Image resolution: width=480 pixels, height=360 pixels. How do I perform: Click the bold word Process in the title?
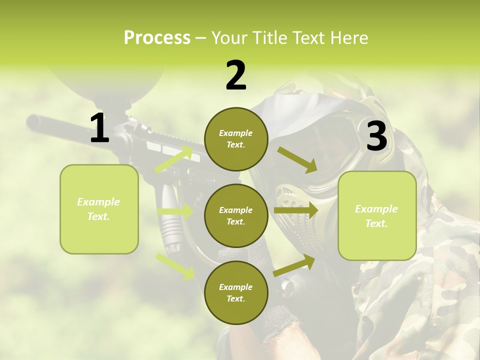point(157,37)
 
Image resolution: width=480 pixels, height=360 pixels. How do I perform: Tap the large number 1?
point(99,128)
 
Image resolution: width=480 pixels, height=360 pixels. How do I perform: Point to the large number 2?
point(236,75)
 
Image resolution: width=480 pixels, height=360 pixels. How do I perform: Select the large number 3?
point(376,136)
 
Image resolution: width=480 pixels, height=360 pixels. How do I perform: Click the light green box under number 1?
point(99,209)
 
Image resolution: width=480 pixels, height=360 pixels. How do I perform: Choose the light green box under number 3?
point(377,215)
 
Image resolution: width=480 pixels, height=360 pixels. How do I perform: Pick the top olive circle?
point(236,139)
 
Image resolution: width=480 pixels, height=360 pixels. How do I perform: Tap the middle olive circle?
point(236,215)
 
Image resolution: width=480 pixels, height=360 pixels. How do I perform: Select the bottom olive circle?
point(236,292)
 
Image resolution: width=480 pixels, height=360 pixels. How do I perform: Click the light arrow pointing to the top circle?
point(174,159)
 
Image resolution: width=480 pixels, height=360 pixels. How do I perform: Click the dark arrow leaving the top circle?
point(297,159)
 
